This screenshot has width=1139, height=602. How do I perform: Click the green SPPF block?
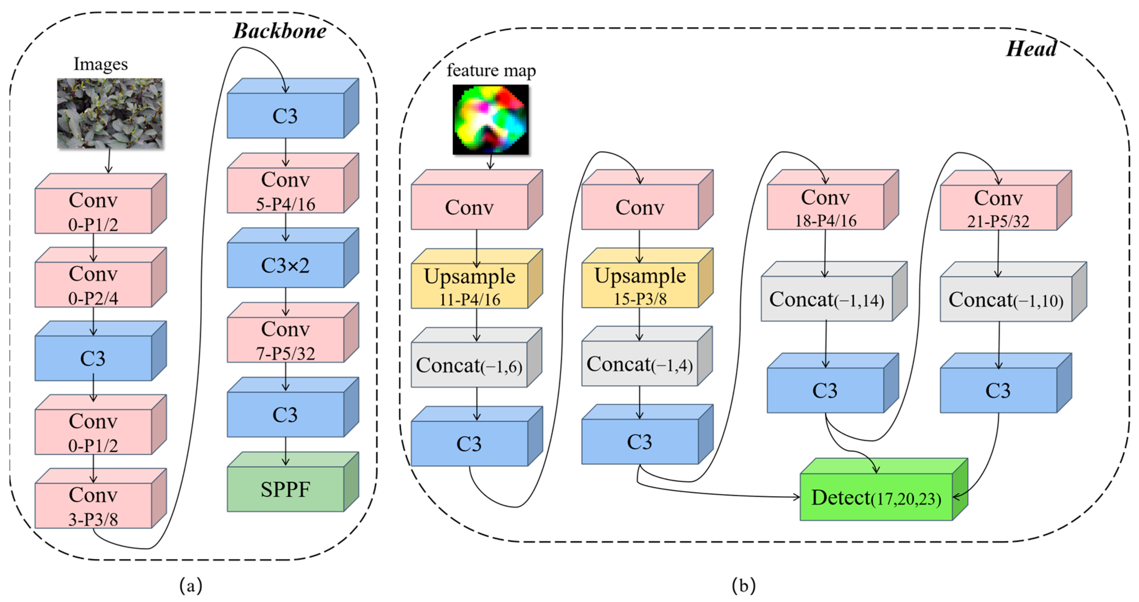point(286,488)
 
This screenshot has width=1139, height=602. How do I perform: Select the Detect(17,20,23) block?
point(876,497)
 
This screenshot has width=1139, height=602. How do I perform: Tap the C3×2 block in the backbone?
point(286,265)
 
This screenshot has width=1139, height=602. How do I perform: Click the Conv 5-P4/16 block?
point(286,190)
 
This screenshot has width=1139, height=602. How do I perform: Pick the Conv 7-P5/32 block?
point(286,340)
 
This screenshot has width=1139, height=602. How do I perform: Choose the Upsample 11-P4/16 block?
point(470,285)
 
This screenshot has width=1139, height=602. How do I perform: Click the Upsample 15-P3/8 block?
point(640,285)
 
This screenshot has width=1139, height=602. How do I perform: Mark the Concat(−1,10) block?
point(1006,299)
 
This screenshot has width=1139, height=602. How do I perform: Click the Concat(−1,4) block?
point(640,363)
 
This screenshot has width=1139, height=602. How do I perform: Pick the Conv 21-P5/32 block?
point(998,207)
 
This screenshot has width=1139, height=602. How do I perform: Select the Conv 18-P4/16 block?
point(825,207)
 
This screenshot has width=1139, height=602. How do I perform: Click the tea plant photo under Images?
point(110,113)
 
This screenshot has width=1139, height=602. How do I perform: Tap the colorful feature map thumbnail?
point(490,120)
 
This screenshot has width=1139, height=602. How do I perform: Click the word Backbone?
point(279,31)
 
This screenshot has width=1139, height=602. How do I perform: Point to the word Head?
point(1031,49)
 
